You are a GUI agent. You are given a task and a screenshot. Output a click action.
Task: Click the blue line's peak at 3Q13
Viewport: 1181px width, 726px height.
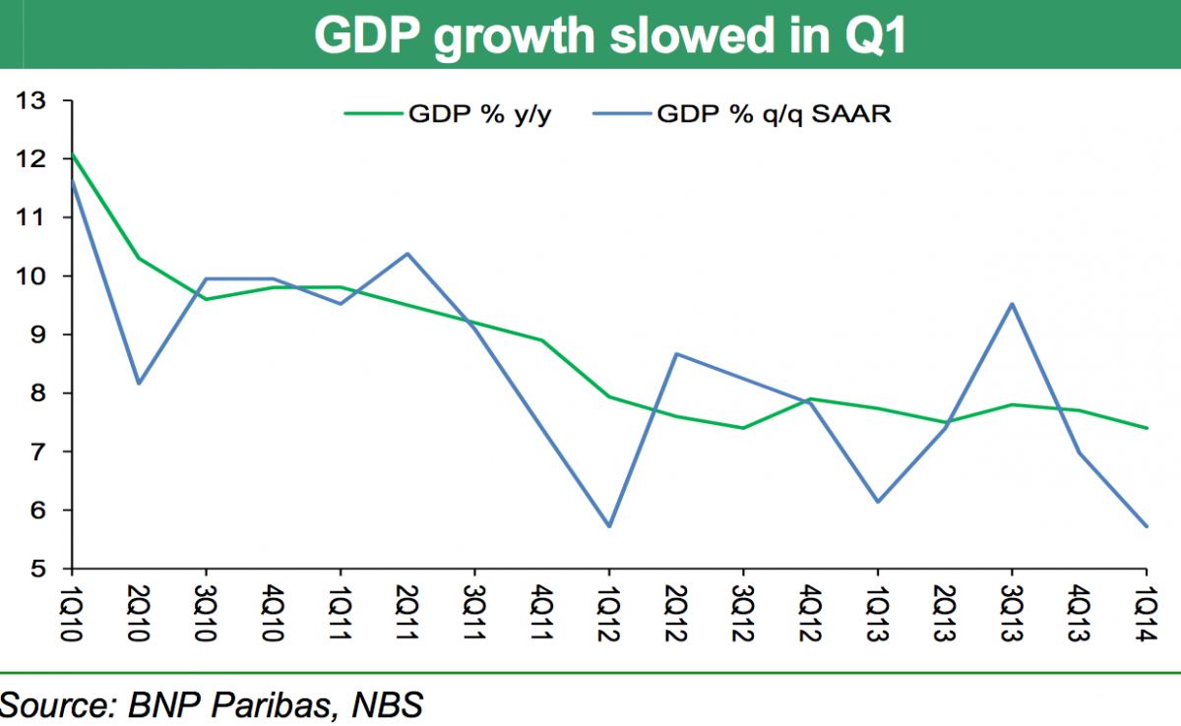coord(1012,304)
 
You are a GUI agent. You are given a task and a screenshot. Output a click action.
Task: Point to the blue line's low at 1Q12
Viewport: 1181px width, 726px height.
coord(609,526)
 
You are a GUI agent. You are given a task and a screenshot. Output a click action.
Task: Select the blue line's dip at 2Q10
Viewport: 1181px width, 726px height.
coord(139,384)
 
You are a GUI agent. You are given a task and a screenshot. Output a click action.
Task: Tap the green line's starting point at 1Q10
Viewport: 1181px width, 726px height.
coord(72,154)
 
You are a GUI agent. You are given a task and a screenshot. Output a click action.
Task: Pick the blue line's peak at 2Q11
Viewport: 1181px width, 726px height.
coord(407,254)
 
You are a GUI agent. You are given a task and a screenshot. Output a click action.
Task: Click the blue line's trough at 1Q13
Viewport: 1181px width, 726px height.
coord(878,503)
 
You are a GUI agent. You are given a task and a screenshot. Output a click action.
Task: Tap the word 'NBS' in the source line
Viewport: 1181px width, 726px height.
coord(389,705)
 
